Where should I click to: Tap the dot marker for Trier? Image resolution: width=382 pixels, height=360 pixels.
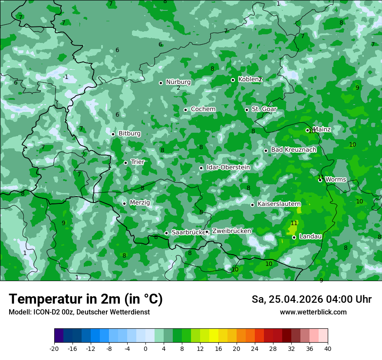(126, 163)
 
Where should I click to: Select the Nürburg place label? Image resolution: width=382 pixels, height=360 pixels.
(178, 82)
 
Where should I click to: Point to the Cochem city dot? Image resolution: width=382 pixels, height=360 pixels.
(186, 110)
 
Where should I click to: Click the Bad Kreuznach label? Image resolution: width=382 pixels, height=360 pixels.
(293, 150)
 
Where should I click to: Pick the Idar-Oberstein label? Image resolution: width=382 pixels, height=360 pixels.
(228, 167)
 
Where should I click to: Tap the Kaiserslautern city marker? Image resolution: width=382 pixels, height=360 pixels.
(253, 205)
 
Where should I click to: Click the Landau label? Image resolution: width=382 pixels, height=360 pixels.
(310, 236)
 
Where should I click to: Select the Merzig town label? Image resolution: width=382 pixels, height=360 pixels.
(140, 203)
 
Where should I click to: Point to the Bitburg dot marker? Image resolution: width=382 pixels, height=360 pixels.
(113, 134)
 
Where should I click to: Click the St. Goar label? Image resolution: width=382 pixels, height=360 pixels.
(264, 109)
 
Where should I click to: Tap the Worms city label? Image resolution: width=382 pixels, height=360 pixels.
(336, 179)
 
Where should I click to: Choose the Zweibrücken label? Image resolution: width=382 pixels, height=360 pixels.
(231, 231)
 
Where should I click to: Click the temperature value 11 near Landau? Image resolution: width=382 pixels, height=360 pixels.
(294, 223)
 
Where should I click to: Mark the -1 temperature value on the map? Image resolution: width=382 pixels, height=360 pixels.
(66, 77)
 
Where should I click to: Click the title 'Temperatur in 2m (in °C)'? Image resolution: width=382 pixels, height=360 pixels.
(86, 299)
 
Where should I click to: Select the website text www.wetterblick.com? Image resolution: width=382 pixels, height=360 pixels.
(313, 312)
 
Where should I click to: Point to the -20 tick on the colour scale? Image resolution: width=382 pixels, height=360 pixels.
(54, 349)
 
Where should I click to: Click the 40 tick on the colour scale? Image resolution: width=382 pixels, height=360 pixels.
(328, 349)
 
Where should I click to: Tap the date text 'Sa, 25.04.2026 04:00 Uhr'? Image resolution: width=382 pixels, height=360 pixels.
(311, 299)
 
